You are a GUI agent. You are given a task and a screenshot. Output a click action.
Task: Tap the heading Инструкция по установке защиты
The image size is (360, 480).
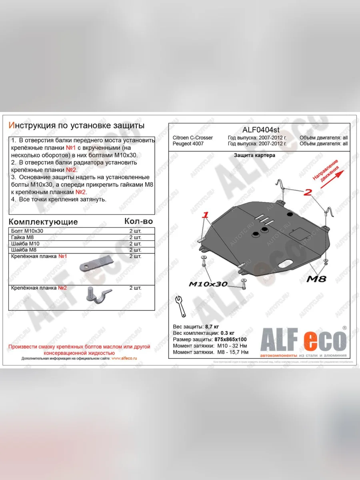click(x=76, y=125)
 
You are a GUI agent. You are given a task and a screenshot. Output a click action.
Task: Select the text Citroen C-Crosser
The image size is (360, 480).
click(x=193, y=138)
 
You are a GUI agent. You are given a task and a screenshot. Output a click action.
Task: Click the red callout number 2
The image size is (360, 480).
click(x=307, y=193)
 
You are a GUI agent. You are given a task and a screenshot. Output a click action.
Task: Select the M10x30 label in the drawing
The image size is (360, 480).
click(x=208, y=284)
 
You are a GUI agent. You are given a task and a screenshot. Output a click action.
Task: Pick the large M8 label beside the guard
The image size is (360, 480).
click(x=316, y=279)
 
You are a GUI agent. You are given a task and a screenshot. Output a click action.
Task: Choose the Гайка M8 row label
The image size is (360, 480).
click(x=23, y=237)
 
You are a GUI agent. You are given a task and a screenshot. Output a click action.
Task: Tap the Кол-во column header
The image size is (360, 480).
click(x=138, y=221)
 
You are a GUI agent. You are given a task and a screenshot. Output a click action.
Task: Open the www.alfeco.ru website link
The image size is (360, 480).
click(x=124, y=358)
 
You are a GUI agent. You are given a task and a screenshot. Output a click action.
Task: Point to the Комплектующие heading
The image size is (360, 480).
click(x=43, y=222)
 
